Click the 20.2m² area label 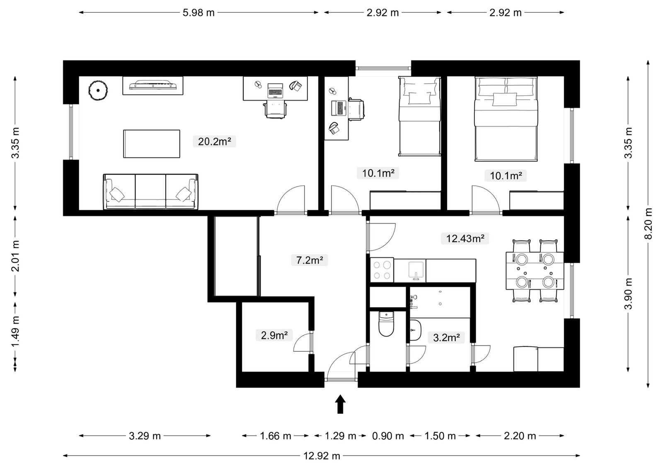coord(214,142)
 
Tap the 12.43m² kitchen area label coord(465,238)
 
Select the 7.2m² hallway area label coord(310,260)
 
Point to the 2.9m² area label coord(274,335)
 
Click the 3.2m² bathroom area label coord(446,337)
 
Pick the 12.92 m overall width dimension coord(322,456)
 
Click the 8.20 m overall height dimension coord(648,224)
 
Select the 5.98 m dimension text coord(198,13)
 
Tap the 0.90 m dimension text coord(388,436)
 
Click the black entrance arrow coord(340,404)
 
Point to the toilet coord(386,324)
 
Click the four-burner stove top coord(382,270)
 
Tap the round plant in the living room coord(98,91)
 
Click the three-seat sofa coord(151,192)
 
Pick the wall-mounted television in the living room coord(153,85)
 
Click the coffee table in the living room coord(152,144)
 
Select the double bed coord(506,119)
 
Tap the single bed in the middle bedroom coord(420,116)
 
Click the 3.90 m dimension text coord(628,293)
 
